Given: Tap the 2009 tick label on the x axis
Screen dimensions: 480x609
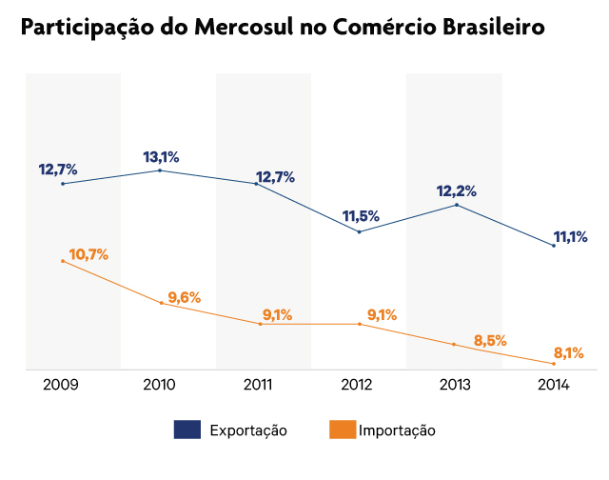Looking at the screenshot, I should tap(62, 385).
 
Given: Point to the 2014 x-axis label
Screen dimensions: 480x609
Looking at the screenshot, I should tap(553, 385).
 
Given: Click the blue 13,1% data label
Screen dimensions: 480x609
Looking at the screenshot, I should tap(162, 157).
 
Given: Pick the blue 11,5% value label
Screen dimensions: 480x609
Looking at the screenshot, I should tap(362, 216).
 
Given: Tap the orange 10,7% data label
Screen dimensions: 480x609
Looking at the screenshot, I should tap(88, 254).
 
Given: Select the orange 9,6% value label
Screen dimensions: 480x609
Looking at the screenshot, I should tap(185, 297).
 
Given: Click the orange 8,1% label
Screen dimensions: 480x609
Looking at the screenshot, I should tap(568, 352).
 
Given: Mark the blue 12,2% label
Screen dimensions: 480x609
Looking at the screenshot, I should tap(457, 191).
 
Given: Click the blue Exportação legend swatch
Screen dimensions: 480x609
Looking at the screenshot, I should tap(187, 430).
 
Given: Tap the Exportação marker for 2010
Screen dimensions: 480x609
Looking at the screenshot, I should tap(160, 170).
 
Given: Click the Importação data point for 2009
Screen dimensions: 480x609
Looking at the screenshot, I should tap(63, 261).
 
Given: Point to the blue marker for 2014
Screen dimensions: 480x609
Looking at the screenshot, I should tap(554, 246).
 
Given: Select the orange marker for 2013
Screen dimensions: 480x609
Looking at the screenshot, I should tap(454, 344).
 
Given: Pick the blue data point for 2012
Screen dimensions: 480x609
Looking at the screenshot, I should tap(359, 231).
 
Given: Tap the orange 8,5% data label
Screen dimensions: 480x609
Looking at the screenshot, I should tap(490, 340).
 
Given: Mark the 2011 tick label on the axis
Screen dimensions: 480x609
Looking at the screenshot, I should tap(258, 385).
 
